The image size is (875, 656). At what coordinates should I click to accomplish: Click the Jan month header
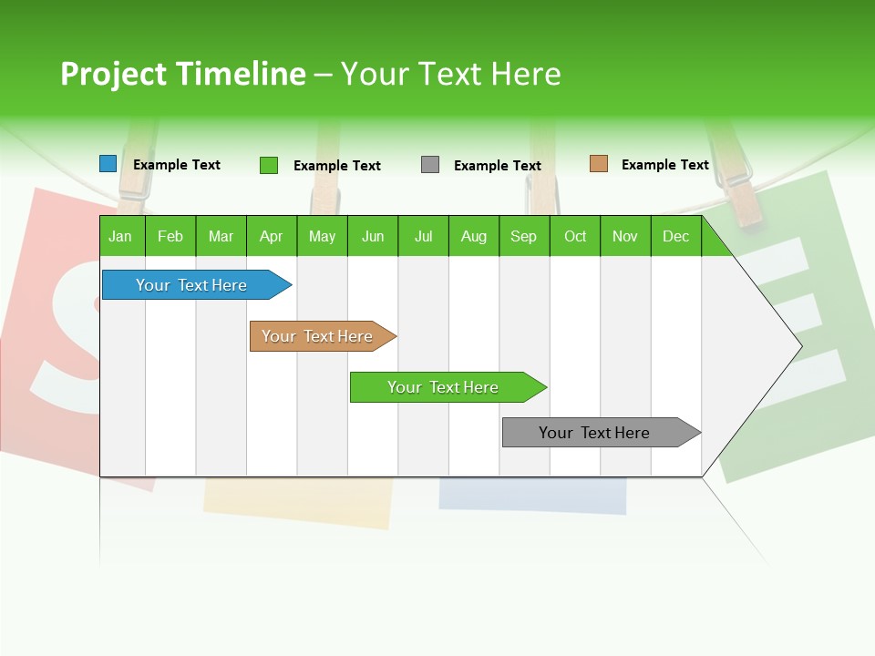pyautogui.click(x=121, y=236)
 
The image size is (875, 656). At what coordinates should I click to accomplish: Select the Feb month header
pyautogui.click(x=170, y=236)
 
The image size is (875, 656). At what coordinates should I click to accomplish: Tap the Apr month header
pyautogui.click(x=272, y=236)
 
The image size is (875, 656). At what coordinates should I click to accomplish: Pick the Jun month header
pyautogui.click(x=373, y=236)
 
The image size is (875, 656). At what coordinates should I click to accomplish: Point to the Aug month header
pyautogui.click(x=474, y=236)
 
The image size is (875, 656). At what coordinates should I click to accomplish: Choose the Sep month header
pyautogui.click(x=524, y=236)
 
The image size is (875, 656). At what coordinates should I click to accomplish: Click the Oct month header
pyautogui.click(x=575, y=236)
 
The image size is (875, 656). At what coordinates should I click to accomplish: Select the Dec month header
pyautogui.click(x=676, y=236)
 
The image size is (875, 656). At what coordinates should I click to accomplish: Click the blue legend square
pyautogui.click(x=108, y=164)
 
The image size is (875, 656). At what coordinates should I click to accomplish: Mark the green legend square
pyautogui.click(x=269, y=165)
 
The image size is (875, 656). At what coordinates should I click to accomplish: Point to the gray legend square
pyautogui.click(x=430, y=165)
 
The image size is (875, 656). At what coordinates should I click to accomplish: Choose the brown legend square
pyautogui.click(x=599, y=164)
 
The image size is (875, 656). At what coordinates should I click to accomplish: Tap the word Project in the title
pyautogui.click(x=114, y=74)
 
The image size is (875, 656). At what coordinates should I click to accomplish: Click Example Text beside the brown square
pyautogui.click(x=665, y=165)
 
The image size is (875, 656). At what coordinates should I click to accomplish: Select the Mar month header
pyautogui.click(x=221, y=236)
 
